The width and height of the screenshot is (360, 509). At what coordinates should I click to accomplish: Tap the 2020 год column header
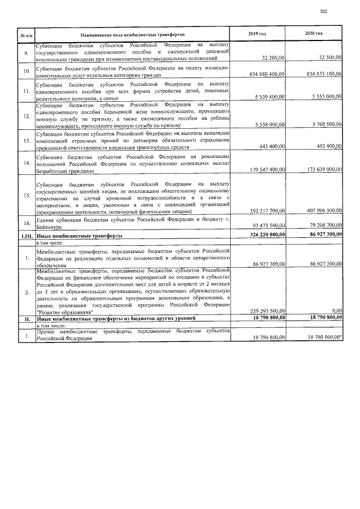[313, 34]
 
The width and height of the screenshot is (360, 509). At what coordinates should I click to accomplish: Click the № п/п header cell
[26, 34]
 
